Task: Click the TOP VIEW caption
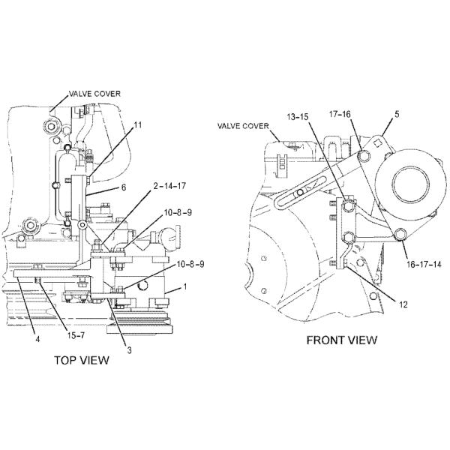point(82,360)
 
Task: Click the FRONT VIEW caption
point(341,340)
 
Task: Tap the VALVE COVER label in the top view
point(94,94)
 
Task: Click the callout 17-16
point(340,115)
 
